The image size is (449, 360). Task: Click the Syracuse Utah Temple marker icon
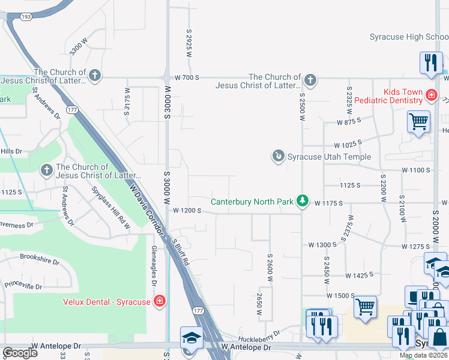coord(279,157)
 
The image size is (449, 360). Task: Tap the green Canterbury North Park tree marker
coord(304,201)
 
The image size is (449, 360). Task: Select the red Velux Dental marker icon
coord(160,301)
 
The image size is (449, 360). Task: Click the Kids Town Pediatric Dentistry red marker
coord(430,95)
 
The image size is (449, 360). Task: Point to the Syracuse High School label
coord(408,37)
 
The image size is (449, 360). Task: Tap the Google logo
coord(19,352)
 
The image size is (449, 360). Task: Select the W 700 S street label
coord(187,78)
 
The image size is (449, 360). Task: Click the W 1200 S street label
coord(187,211)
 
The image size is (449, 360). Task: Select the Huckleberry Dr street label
coord(259,332)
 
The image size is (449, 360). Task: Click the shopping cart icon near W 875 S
coord(418,122)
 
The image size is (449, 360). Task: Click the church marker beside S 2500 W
coord(310,80)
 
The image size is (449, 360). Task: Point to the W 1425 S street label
coord(360,275)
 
